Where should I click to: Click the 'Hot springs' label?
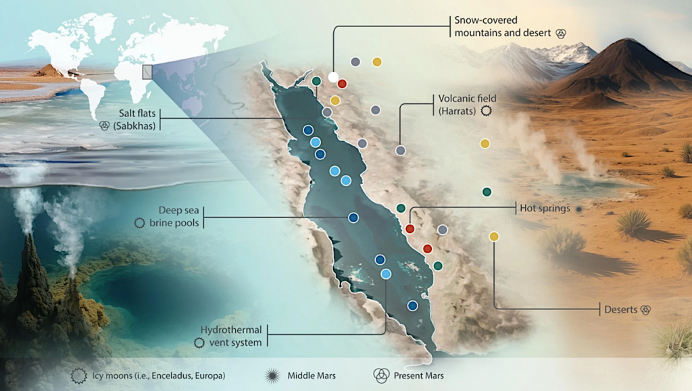point(544,209)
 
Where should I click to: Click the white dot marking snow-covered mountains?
point(332,77)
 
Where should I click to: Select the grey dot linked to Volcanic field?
point(400,151)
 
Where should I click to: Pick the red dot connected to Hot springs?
point(410,229)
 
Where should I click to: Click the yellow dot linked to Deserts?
point(494,236)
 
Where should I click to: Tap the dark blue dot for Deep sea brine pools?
point(353,217)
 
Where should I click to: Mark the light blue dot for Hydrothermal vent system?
point(386,273)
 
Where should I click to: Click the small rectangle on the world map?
point(147,72)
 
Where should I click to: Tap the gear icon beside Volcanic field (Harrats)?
point(486,111)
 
